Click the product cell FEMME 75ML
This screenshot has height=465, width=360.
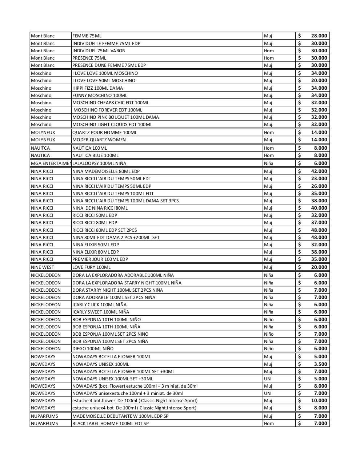click(x=87, y=36)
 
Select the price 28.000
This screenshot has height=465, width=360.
click(x=319, y=36)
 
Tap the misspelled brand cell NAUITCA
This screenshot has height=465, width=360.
click(x=40, y=148)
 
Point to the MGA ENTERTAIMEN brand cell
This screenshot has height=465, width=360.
click(x=51, y=163)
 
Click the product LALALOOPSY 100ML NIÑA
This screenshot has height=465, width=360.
click(x=99, y=163)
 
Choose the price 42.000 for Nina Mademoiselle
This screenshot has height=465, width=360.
click(x=319, y=171)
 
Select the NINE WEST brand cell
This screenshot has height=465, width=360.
click(x=43, y=267)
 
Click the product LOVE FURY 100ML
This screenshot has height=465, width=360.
click(x=91, y=267)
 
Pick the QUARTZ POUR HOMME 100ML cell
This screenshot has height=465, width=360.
click(x=105, y=133)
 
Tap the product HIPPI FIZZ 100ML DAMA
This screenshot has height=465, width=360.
click(x=97, y=88)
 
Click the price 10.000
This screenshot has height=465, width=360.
click(x=319, y=401)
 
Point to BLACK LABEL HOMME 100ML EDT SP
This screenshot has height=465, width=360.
click(x=111, y=424)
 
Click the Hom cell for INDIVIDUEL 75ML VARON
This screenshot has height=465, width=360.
click(x=269, y=51)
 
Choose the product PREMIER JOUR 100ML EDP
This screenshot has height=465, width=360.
click(x=100, y=259)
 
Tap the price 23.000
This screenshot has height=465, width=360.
click(x=319, y=179)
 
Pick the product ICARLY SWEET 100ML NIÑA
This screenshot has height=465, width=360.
click(x=101, y=312)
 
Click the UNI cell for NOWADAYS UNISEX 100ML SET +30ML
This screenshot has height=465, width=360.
click(x=268, y=379)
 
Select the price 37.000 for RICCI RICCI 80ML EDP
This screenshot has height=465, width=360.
click(x=319, y=223)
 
